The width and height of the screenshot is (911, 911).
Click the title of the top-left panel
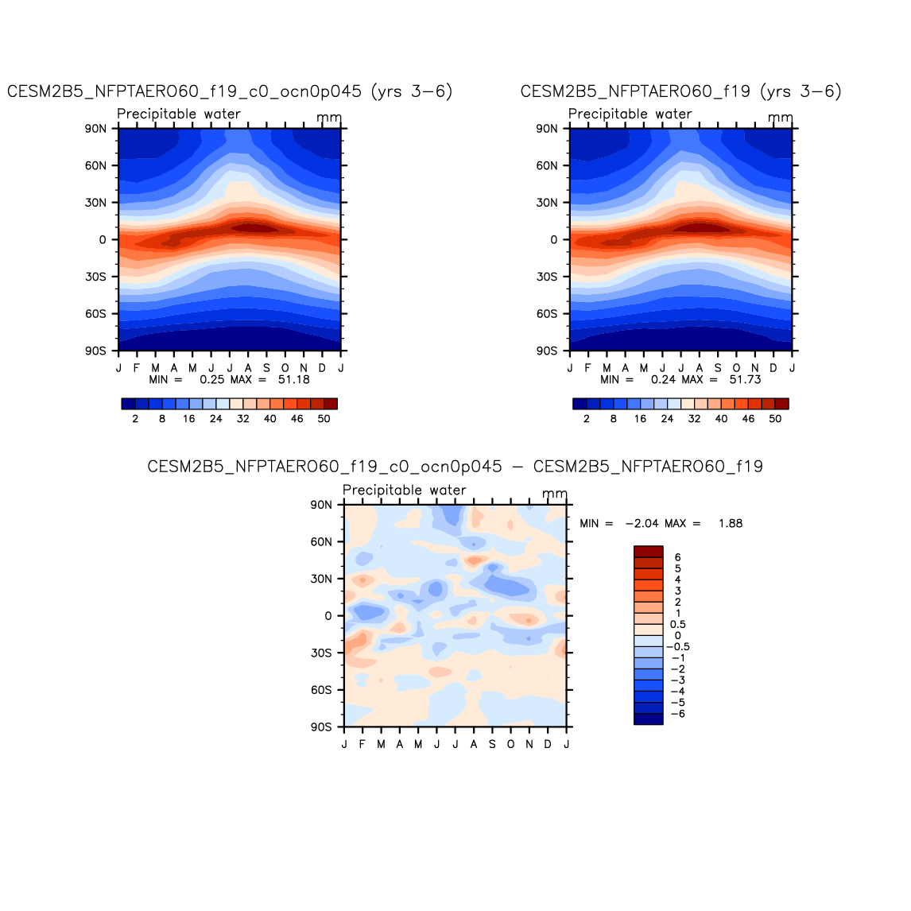(230, 91)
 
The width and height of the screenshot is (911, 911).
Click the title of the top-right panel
(680, 91)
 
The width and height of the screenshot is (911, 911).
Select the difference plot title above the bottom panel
(455, 467)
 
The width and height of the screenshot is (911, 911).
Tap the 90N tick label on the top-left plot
(96, 129)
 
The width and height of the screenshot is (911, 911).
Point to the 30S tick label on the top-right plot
(547, 277)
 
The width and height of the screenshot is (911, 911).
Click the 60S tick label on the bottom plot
(321, 690)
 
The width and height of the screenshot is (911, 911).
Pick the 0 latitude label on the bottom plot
(328, 616)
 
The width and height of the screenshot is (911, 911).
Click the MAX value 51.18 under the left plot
(293, 380)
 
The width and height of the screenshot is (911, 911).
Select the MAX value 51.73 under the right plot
(745, 380)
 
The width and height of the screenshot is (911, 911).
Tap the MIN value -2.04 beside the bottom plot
(640, 524)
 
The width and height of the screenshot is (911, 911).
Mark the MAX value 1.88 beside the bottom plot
(729, 524)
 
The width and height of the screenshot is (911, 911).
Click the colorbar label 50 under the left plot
(324, 419)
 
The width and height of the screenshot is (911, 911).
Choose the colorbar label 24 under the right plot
(667, 419)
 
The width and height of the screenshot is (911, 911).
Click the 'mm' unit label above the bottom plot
(554, 494)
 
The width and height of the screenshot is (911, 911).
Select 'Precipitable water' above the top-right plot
(630, 114)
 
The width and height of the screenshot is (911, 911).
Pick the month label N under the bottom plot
(529, 744)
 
